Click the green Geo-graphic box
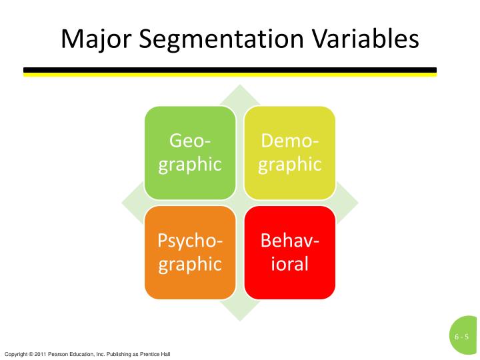190,153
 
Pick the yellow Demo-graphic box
289,153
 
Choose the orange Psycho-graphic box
190,252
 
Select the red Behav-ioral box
289,252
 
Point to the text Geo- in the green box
190,141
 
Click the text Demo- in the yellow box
289,141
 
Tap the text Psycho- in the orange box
190,240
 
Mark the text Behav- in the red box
289,240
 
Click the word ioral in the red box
289,263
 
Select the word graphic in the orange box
190,265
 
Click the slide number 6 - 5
462,337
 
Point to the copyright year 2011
38,353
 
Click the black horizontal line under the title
230,69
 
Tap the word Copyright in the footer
14,353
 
